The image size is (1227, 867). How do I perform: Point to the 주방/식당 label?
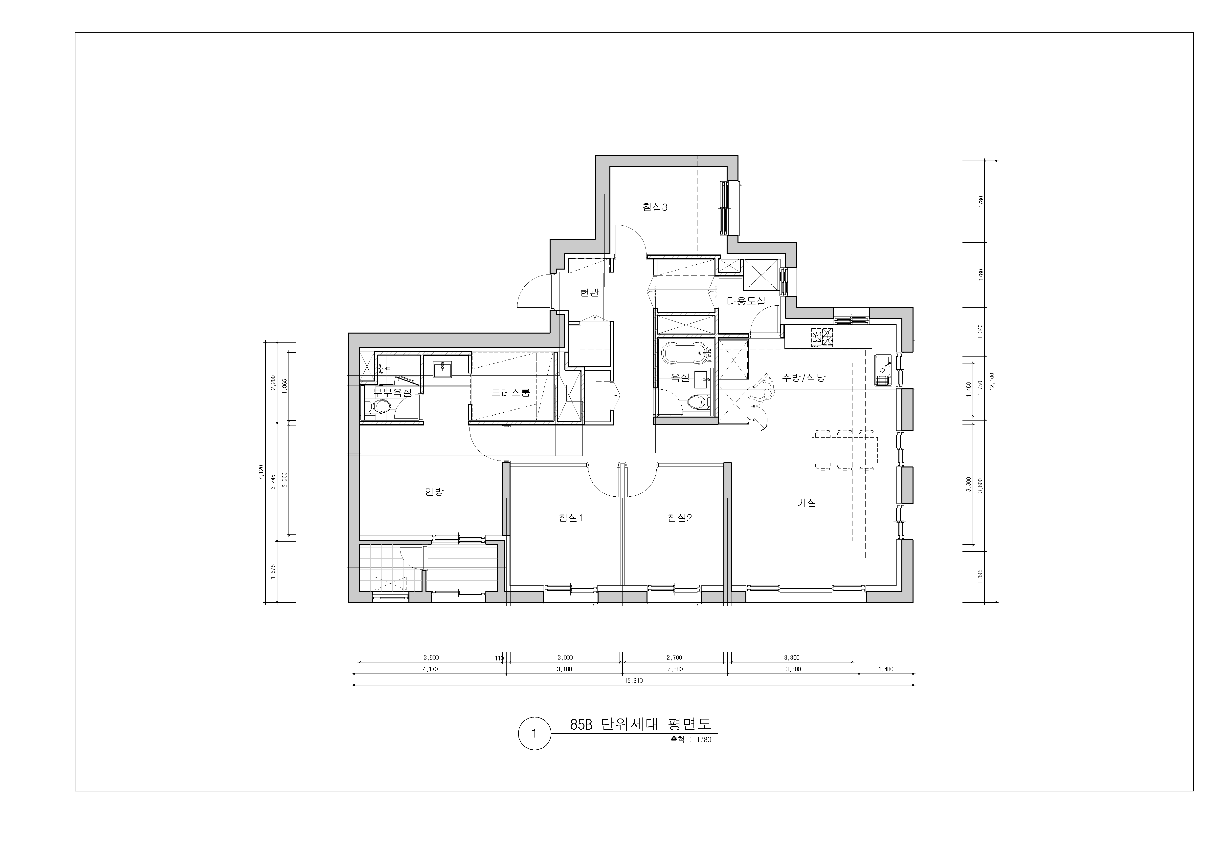coord(804,377)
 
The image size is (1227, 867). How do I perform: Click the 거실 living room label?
coord(806,503)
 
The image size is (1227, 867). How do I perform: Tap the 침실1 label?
coord(570,518)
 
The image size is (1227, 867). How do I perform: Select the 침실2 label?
coord(679,518)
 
